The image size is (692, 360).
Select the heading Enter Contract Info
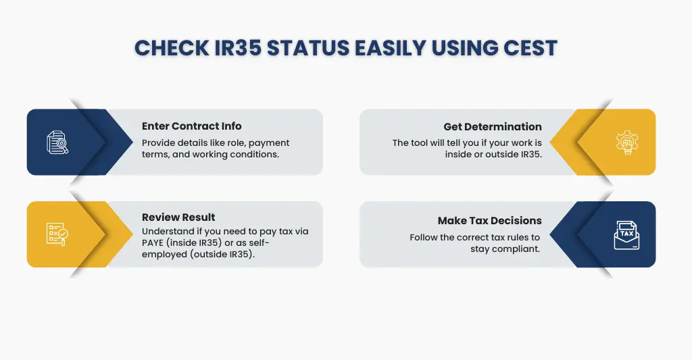[x=191, y=126]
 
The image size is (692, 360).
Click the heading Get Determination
[x=493, y=126]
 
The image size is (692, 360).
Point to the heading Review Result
[x=178, y=217]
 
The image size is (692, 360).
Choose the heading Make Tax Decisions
[x=489, y=221]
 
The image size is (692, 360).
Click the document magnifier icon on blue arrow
[x=57, y=143]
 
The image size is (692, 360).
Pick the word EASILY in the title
[x=378, y=48]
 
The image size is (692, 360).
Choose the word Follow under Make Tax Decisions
[x=424, y=238]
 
